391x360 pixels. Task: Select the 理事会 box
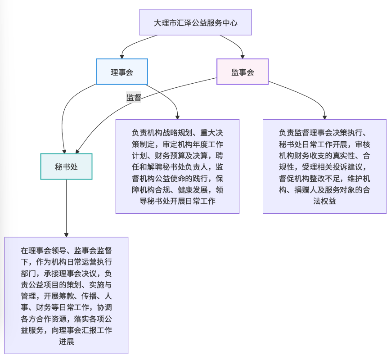(x=121, y=72)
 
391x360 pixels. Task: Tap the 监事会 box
(x=243, y=72)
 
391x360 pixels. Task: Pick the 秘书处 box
(x=66, y=166)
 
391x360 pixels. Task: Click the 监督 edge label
(x=134, y=97)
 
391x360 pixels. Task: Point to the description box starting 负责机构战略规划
(x=177, y=166)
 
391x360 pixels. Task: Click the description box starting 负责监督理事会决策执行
(x=324, y=166)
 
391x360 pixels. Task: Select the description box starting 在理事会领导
(x=66, y=295)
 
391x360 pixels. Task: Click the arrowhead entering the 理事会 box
(x=121, y=56)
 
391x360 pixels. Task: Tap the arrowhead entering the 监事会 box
(x=243, y=56)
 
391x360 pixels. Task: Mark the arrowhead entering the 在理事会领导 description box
(x=66, y=234)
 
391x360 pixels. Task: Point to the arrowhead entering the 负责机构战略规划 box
(x=177, y=117)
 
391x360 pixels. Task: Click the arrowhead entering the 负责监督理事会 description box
(x=324, y=117)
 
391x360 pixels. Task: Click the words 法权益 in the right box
(x=324, y=201)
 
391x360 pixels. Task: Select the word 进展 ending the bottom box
(x=66, y=342)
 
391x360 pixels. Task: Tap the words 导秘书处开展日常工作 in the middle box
(x=178, y=201)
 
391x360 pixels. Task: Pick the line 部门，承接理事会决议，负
(x=66, y=273)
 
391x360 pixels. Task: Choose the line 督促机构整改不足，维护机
(x=324, y=178)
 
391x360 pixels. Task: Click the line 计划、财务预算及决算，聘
(x=177, y=156)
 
